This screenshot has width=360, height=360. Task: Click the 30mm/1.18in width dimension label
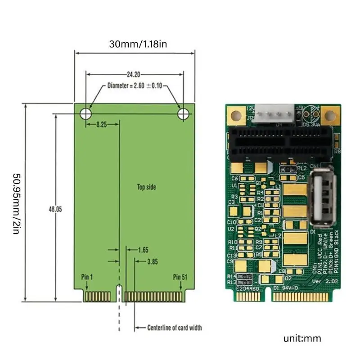click(135, 44)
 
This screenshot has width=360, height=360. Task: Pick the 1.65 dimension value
click(143, 249)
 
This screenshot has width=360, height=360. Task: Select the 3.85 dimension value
click(153, 261)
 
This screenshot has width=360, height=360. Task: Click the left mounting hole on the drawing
click(85, 114)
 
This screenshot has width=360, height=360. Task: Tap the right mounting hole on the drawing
click(183, 114)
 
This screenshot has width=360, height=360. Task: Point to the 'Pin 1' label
click(87, 276)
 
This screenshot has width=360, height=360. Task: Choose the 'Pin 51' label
click(180, 276)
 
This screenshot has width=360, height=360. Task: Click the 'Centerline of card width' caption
click(175, 328)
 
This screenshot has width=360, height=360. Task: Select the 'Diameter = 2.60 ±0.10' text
click(135, 85)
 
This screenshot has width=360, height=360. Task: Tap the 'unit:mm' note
click(302, 338)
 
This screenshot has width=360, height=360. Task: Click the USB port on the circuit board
click(321, 198)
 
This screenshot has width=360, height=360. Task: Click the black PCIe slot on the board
click(281, 143)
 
